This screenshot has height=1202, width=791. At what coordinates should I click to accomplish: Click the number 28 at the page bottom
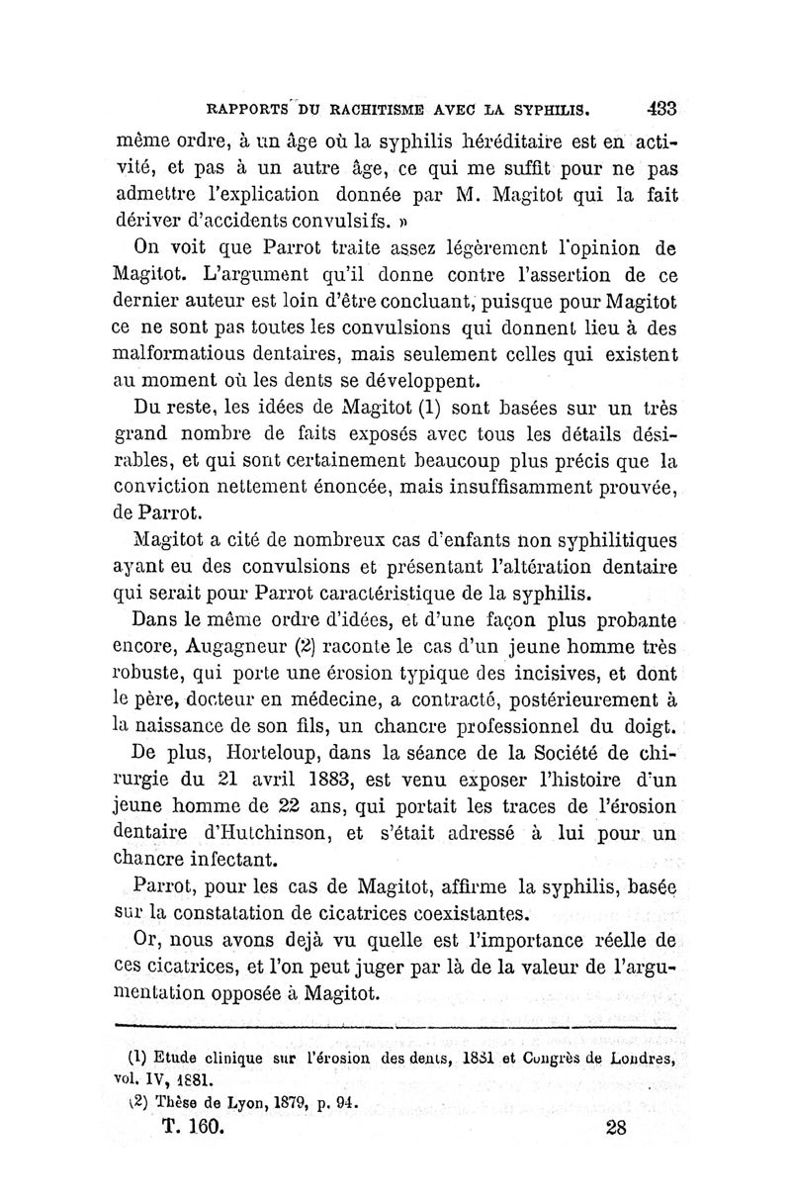pos(614,1129)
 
